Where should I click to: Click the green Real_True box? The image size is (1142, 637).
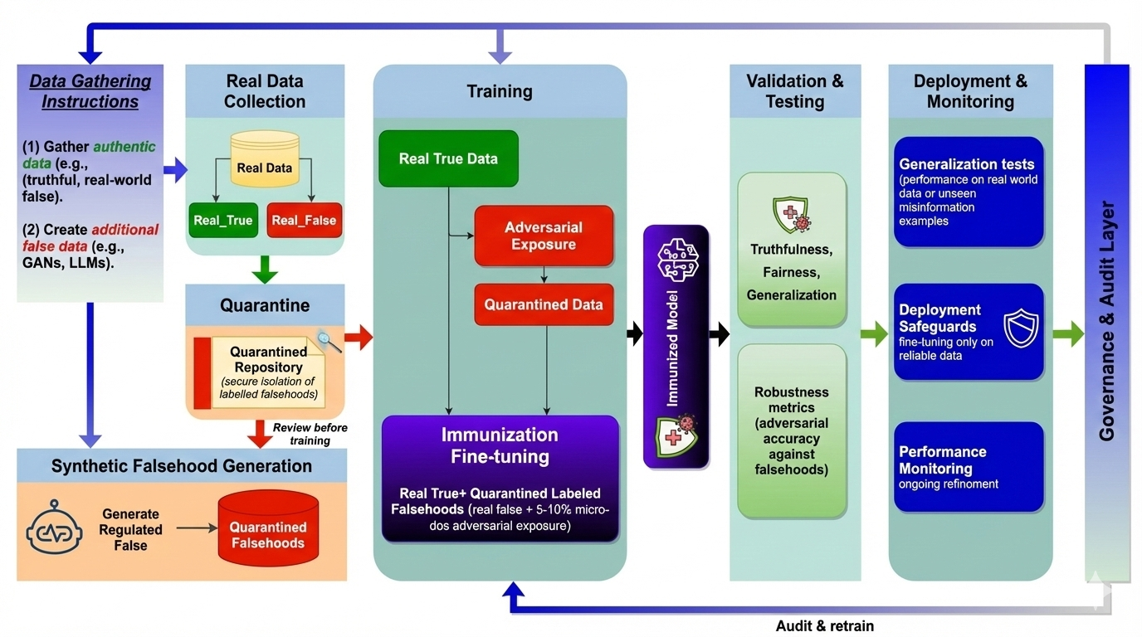[x=222, y=220]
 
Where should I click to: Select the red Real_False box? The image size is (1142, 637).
[x=304, y=220]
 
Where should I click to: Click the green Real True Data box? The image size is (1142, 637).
[x=448, y=158]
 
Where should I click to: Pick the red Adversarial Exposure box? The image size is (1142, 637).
[x=544, y=236]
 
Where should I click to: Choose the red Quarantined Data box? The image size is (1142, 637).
[x=544, y=304]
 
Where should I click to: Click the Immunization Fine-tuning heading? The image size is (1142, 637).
[x=500, y=445]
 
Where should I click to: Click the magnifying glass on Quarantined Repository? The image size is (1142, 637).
[x=329, y=341]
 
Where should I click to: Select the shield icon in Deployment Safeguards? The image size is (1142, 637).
[x=1020, y=328]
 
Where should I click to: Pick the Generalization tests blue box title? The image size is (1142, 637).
[x=967, y=164]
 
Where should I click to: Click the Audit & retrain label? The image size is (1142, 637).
[x=824, y=625]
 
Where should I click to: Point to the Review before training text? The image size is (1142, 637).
[x=310, y=434]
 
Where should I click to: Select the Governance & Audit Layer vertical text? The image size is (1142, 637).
[x=1106, y=320]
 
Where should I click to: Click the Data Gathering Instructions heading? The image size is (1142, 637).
[x=90, y=92]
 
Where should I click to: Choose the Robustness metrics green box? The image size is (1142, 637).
[x=791, y=430]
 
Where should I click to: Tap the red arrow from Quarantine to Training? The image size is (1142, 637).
[x=359, y=336]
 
